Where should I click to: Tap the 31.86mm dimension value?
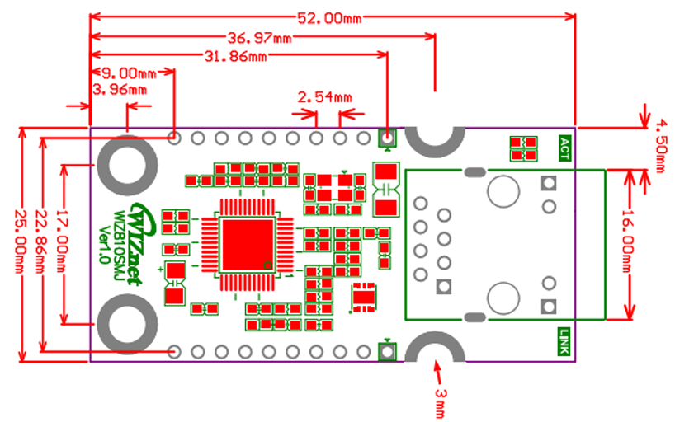[x=236, y=57]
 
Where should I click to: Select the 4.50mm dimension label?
[x=661, y=146]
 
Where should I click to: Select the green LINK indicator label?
[x=564, y=341]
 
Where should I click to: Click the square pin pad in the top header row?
[x=386, y=138]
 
